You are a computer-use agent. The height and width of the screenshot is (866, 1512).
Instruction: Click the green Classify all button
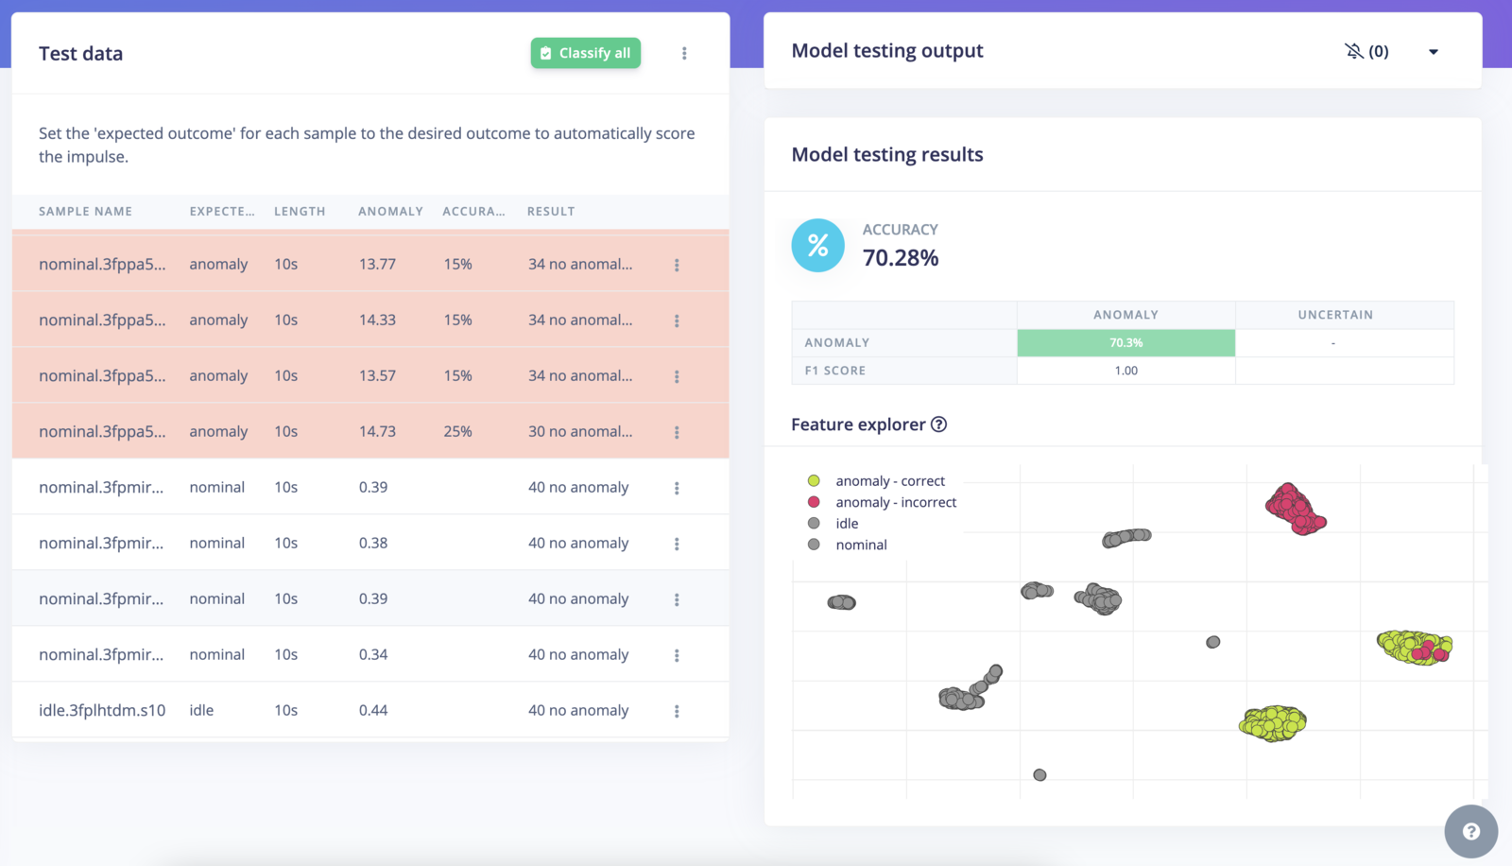pyautogui.click(x=585, y=53)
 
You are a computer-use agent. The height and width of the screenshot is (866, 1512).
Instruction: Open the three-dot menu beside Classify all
pyautogui.click(x=684, y=54)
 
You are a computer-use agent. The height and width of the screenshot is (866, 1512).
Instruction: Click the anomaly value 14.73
pyautogui.click(x=377, y=431)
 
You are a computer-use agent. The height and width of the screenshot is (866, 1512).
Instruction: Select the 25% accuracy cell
pyautogui.click(x=458, y=431)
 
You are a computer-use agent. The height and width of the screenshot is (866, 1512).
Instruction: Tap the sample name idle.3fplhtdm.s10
pyautogui.click(x=102, y=710)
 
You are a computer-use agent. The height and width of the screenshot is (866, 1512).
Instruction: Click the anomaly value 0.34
pyautogui.click(x=373, y=654)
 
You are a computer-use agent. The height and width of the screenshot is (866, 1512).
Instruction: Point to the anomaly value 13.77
pyautogui.click(x=377, y=264)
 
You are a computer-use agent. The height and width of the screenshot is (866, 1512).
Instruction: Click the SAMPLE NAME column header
pyautogui.click(x=85, y=212)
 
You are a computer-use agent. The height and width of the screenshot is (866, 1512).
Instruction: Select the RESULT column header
pyautogui.click(x=551, y=212)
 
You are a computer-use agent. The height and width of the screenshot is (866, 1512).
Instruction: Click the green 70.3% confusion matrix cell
pyautogui.click(x=1125, y=342)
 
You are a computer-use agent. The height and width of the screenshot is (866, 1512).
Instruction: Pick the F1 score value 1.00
pyautogui.click(x=1125, y=371)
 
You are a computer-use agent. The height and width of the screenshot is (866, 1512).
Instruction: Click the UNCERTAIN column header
pyautogui.click(x=1334, y=315)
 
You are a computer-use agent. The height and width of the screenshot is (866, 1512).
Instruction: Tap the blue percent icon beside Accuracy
pyautogui.click(x=817, y=246)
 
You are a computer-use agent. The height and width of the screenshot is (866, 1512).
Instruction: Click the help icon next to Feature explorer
pyautogui.click(x=938, y=424)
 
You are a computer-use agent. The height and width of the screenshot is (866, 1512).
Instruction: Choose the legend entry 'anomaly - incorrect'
pyautogui.click(x=895, y=502)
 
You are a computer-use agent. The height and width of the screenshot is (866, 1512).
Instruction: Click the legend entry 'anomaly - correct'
pyautogui.click(x=889, y=481)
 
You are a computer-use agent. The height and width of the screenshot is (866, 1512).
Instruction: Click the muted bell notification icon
pyautogui.click(x=1354, y=51)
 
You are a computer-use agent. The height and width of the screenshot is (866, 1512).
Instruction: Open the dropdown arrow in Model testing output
pyautogui.click(x=1433, y=52)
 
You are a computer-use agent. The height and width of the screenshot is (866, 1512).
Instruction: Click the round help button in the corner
pyautogui.click(x=1470, y=831)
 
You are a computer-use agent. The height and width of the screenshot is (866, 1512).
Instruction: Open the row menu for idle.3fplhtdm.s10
pyautogui.click(x=677, y=711)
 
